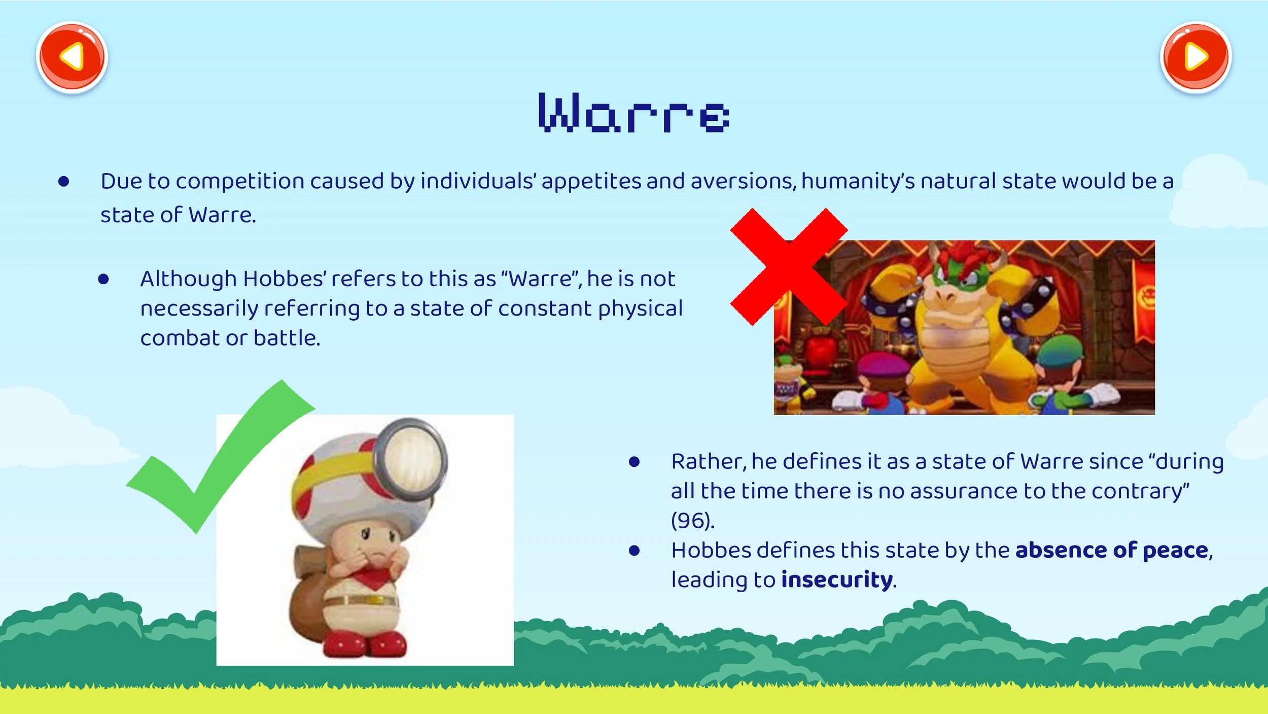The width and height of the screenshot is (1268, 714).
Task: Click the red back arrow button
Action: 72,57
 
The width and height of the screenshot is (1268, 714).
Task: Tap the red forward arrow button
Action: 1196,57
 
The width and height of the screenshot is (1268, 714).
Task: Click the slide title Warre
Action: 633,113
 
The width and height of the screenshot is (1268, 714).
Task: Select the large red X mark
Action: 789,266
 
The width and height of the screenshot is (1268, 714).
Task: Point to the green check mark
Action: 218,457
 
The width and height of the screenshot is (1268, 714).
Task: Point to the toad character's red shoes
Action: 365,644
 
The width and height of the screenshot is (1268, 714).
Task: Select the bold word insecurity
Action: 837,580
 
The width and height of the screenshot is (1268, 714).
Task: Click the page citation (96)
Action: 692,521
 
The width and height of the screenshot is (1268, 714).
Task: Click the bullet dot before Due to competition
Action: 64,181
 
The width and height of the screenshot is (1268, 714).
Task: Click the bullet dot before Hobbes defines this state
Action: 634,551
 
